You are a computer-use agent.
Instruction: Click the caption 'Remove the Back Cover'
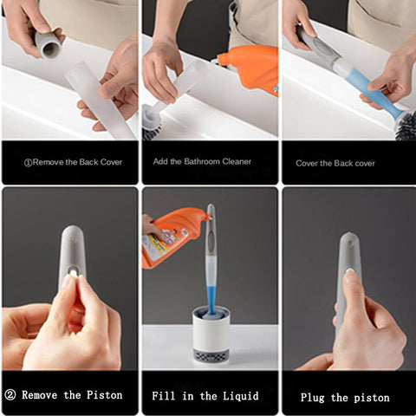[x=76, y=162]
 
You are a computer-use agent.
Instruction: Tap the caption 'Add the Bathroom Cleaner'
[x=202, y=162]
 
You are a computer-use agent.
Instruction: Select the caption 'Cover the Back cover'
[x=335, y=163]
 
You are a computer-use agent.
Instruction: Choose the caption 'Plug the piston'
[x=345, y=398]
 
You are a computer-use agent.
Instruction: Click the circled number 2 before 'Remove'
[x=11, y=395]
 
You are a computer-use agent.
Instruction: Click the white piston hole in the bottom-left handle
[x=72, y=272]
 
